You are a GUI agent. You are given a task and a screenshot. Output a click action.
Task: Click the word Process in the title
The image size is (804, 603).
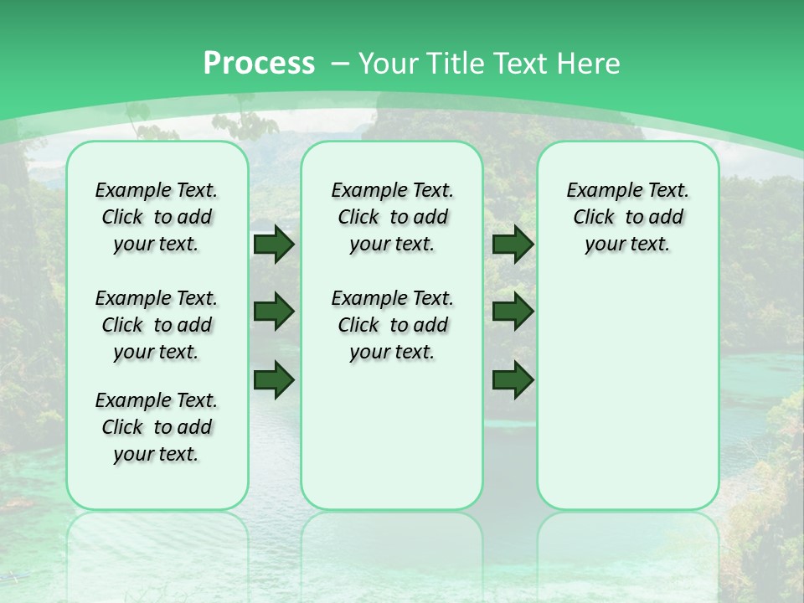[x=259, y=64]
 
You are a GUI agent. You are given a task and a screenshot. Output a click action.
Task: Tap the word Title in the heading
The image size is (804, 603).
[x=457, y=64]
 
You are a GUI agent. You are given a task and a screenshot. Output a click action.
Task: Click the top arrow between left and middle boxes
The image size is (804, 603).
[x=274, y=245]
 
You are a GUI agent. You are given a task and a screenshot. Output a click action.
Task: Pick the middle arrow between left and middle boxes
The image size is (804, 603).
[x=274, y=312]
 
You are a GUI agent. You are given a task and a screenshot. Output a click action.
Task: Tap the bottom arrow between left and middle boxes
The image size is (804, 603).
[x=274, y=379]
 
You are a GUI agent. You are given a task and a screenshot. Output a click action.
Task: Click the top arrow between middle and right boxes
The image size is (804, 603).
[x=513, y=245]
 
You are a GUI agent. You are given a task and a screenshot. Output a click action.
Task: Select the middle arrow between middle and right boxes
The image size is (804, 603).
[x=513, y=312]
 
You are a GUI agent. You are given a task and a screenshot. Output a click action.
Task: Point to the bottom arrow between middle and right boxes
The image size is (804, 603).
[x=513, y=379]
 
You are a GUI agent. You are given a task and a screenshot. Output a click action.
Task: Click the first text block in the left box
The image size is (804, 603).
[x=157, y=217]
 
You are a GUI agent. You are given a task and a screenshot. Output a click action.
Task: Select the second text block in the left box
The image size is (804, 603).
[x=157, y=325]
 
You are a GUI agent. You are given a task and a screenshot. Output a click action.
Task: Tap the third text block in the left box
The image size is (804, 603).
[x=157, y=427]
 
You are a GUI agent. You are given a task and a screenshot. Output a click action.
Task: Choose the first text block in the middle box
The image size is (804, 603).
[x=393, y=217]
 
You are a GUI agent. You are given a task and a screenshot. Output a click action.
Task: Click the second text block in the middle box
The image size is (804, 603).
[x=393, y=325]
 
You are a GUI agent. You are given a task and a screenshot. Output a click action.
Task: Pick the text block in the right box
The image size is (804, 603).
[x=628, y=217]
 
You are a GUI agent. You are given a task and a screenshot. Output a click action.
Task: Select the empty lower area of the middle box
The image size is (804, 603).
[x=392, y=435]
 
